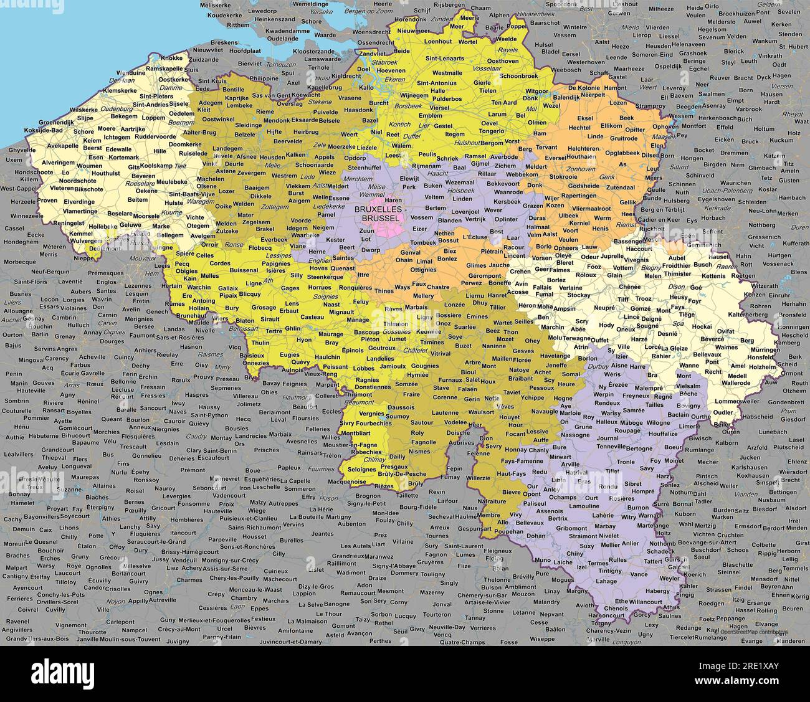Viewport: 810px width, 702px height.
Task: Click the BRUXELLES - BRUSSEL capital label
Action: [377, 214]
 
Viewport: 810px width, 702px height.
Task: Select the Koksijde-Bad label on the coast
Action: [44, 130]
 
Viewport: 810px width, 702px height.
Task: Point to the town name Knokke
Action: [172, 58]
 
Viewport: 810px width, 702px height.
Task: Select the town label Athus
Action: [672, 607]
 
